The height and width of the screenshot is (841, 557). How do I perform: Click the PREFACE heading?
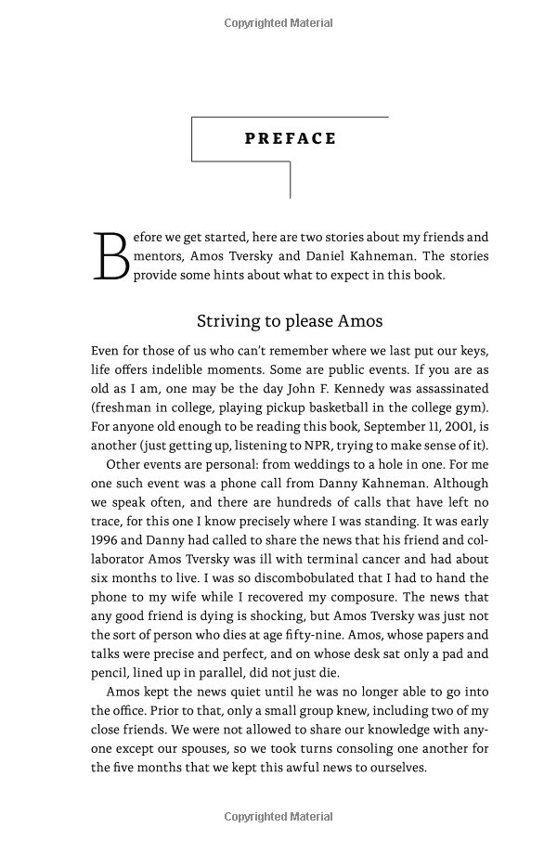[290, 138]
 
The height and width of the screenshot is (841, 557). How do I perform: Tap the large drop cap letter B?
[110, 257]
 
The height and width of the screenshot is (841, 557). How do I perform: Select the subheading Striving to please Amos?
[290, 321]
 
